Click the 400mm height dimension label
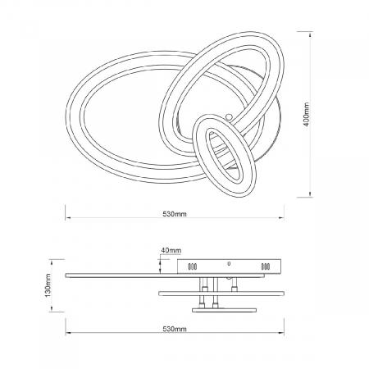[x=307, y=114]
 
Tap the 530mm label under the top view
[x=175, y=214]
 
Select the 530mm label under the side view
[x=175, y=329]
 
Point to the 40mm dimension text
[x=171, y=250]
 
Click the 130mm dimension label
[x=48, y=285]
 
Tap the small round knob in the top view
[x=229, y=116]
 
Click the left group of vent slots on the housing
[x=192, y=266]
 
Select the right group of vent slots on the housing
[x=266, y=266]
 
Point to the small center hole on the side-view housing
[x=229, y=263]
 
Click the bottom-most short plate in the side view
[x=224, y=310]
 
